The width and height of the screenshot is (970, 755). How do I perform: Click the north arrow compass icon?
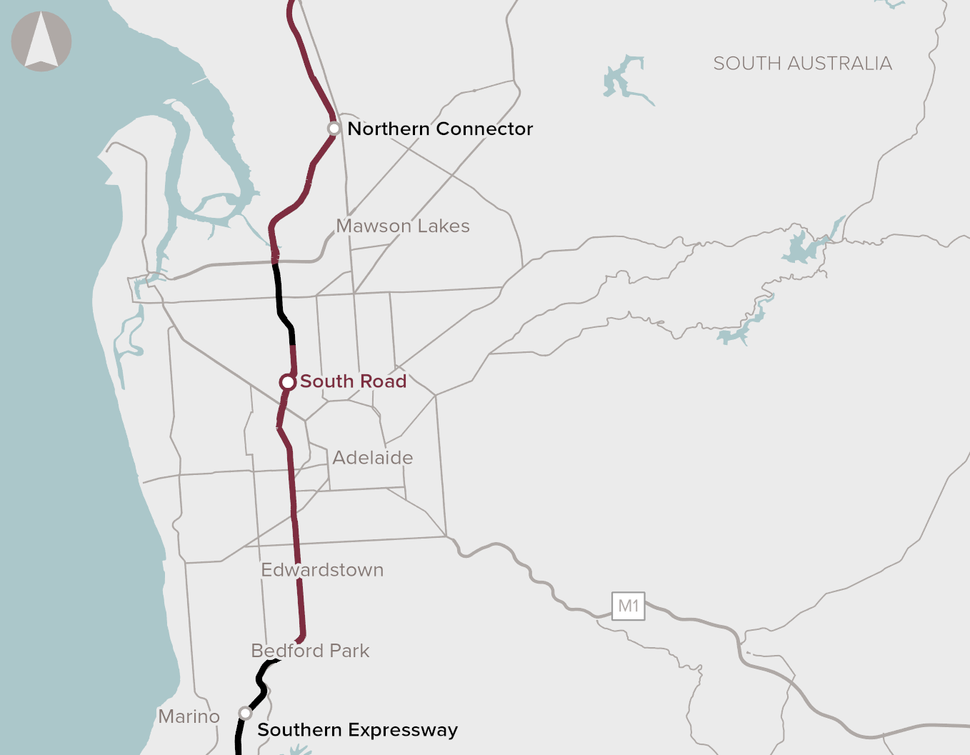pos(41,41)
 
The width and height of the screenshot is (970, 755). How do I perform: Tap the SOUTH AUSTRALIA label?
pos(802,64)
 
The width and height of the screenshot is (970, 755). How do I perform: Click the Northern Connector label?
pos(440,129)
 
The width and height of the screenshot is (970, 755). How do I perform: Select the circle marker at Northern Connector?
pos(334,129)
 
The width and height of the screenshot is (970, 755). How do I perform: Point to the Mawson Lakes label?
pos(403,226)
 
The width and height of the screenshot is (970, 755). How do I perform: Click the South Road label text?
pos(353,381)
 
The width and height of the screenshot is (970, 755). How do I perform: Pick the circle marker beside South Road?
pos(287,382)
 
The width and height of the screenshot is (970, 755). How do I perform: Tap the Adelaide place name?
pos(373,458)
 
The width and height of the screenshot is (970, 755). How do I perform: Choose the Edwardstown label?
pos(322,570)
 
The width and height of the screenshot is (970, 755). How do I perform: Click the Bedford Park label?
pos(310,651)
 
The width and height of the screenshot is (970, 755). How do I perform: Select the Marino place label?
pos(189,716)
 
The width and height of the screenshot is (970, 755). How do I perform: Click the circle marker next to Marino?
pos(245,713)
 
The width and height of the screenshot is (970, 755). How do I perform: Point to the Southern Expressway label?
pos(357,730)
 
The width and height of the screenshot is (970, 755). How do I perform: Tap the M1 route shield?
pos(629,606)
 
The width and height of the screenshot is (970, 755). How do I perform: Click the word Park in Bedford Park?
pos(349,651)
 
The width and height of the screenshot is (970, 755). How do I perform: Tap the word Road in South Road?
pos(383,381)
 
